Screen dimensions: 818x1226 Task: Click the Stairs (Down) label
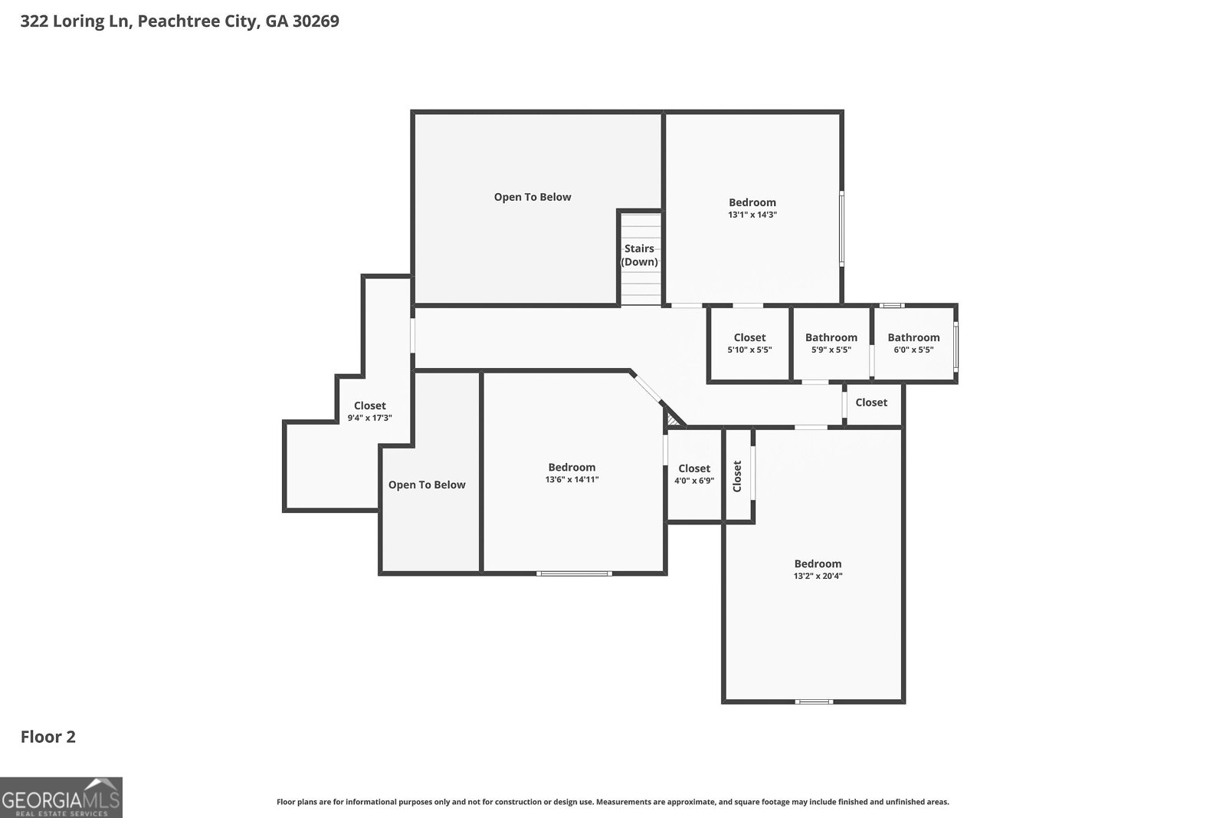(639, 255)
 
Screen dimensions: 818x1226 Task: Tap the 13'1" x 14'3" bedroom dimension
(752, 215)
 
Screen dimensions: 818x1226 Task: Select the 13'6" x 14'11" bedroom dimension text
(572, 480)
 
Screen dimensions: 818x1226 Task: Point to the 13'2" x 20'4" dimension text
(818, 577)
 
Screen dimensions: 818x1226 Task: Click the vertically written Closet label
(738, 476)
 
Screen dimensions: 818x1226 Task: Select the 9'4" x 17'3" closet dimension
(369, 419)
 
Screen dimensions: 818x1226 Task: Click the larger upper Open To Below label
(533, 197)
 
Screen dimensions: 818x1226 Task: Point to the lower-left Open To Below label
(427, 485)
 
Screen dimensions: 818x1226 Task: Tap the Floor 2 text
(48, 737)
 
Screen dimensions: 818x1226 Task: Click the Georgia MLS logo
(61, 797)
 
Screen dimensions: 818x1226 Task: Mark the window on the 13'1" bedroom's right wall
(841, 228)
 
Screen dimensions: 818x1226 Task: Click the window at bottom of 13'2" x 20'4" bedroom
(814, 701)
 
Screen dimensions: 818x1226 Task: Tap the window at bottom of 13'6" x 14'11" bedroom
(574, 573)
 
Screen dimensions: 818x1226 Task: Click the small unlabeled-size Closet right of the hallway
(871, 402)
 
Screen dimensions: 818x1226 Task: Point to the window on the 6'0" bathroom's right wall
(956, 347)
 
